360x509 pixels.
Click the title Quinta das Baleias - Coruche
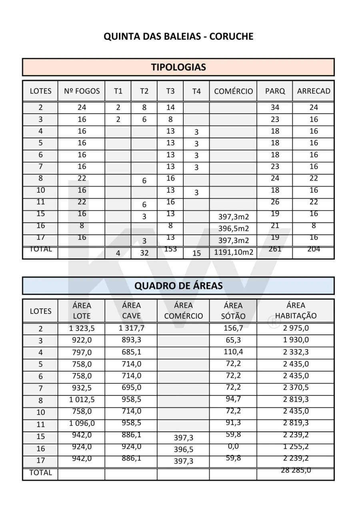(x=178, y=36)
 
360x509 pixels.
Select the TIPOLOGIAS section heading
(x=178, y=67)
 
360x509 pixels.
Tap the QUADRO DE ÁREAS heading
(x=178, y=285)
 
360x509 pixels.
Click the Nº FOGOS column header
(x=82, y=91)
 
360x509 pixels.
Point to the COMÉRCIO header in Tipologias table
(x=233, y=91)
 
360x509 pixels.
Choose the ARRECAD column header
(x=314, y=91)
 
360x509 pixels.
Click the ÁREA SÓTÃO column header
(x=233, y=311)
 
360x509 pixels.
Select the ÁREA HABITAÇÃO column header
(x=296, y=311)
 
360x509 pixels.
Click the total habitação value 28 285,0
(x=296, y=470)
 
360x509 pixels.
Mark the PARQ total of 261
(x=275, y=249)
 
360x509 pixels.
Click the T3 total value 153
(x=170, y=249)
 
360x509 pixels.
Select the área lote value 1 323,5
(x=82, y=329)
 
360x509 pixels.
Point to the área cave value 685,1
(x=131, y=352)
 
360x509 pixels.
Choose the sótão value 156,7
(x=233, y=328)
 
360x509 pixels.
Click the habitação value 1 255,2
(x=296, y=447)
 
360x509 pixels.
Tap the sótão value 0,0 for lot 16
(x=233, y=447)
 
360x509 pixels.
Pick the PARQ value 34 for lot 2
(x=275, y=107)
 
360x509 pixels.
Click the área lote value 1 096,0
(x=82, y=423)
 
